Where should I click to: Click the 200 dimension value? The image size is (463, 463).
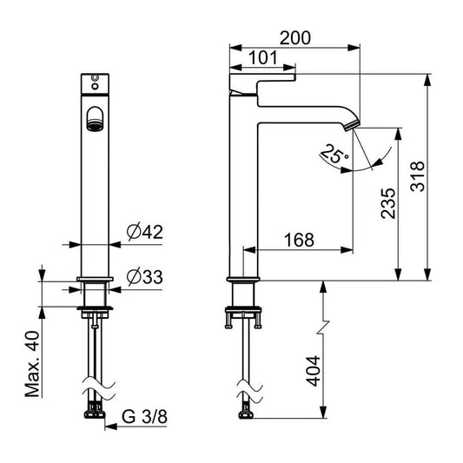pos(295,38)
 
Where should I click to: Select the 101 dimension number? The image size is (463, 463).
pos(263,58)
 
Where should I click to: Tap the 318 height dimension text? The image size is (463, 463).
pos(418,176)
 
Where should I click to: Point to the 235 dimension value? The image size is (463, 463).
pos(387,203)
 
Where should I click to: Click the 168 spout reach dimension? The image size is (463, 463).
pos(299,240)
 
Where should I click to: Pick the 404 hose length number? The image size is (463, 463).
pos(313,371)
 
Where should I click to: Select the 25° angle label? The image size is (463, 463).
pos(334,154)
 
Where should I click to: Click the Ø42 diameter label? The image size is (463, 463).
pos(145,232)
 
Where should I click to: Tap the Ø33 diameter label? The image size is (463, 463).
pos(145,277)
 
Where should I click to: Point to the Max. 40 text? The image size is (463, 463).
pos(32,364)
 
